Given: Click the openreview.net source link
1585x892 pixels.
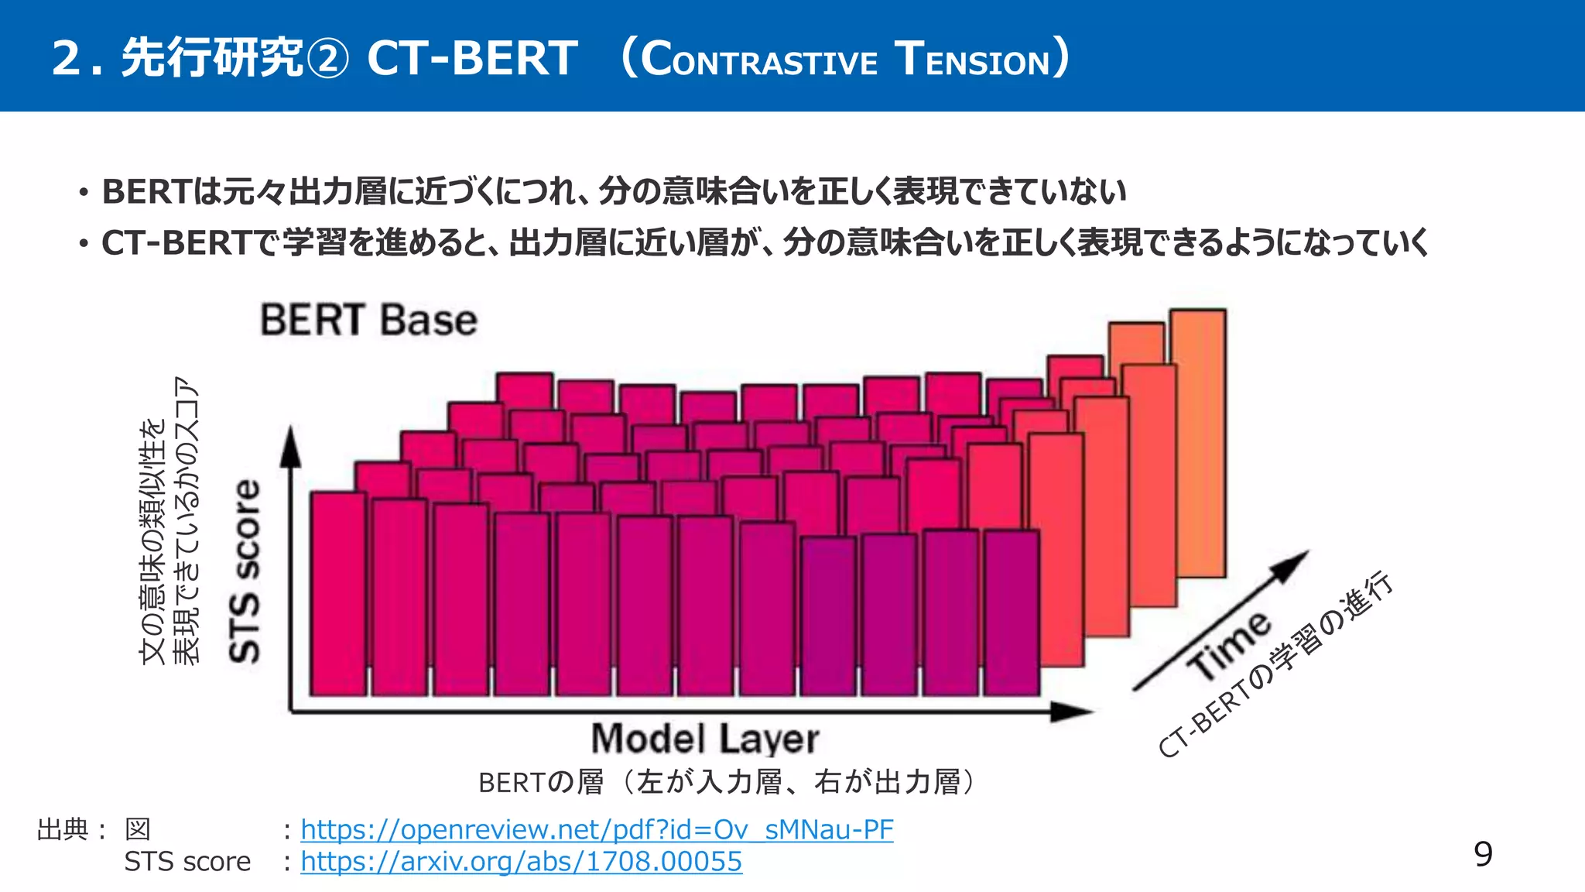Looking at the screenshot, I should coord(597,829).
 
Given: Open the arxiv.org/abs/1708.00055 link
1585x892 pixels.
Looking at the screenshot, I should coord(521,861).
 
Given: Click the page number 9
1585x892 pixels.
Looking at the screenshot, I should coord(1482,854).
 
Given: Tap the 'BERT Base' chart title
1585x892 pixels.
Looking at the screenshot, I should coord(368,321).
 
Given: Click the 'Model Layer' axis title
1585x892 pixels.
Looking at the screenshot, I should coord(705,739).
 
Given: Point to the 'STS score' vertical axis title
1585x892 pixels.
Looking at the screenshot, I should coord(245,571).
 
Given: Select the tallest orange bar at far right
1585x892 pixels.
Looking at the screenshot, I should coord(1198,441).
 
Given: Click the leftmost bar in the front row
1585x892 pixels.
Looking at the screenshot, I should coord(337,593).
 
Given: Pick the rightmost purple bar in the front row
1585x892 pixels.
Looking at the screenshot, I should coord(1012,612).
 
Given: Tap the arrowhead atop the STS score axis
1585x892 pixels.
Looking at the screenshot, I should coord(290,447).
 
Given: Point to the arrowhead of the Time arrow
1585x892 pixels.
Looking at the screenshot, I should coord(1293,563).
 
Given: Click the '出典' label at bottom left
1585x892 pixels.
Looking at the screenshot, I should coord(63,829).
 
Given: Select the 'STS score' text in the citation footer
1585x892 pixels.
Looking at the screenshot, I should coord(187,861).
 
